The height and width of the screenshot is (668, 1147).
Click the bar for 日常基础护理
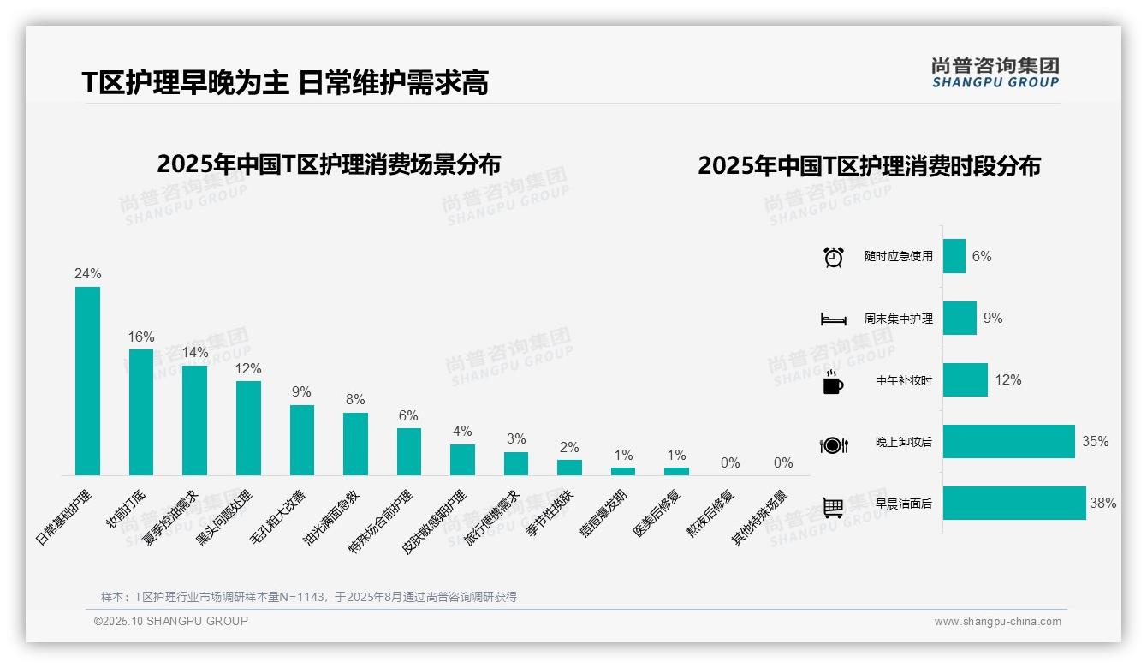87,381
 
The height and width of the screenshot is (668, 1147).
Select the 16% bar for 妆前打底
141,412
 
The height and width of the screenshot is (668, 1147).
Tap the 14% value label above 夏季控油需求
194,353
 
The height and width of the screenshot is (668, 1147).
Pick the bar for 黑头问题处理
248,428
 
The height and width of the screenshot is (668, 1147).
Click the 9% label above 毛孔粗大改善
301,392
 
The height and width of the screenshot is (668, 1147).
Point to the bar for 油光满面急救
355,444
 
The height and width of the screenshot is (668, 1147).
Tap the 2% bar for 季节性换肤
569,468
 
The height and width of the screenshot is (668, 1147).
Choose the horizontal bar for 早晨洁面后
1014,504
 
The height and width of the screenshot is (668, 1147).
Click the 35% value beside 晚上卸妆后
1095,442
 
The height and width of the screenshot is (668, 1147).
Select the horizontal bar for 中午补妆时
965,380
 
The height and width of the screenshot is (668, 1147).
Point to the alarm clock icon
834,257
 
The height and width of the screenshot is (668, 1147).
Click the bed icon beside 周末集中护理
833,319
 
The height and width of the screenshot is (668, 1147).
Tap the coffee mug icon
833,382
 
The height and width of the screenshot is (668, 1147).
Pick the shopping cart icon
833,507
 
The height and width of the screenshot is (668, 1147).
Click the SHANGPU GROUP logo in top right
995,73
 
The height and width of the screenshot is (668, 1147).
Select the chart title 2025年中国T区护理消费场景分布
329,164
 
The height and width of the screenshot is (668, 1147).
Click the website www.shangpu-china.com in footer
997,622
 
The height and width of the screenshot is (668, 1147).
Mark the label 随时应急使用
898,257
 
